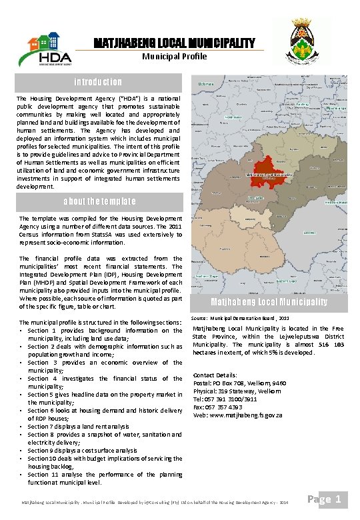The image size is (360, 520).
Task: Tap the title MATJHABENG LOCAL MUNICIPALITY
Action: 174,43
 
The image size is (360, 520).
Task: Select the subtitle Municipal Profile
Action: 174,56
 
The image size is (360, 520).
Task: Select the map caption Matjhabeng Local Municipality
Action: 269,302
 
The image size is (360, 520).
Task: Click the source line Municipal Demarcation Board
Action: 241,319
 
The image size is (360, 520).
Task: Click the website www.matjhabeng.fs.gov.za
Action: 237,415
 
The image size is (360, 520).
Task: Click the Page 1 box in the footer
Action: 327,499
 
